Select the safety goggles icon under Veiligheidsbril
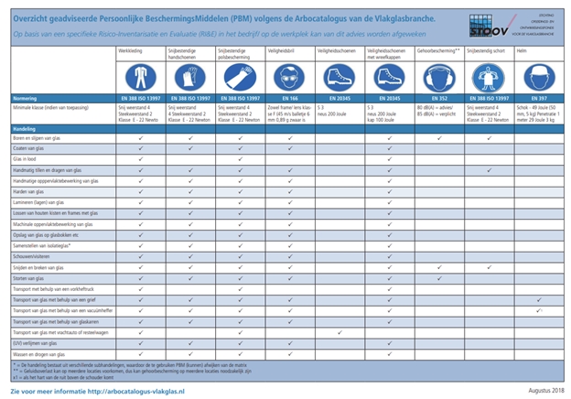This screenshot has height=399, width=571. [289, 77]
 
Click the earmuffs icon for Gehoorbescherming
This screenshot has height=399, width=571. [439, 77]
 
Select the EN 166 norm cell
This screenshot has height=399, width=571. [289, 96]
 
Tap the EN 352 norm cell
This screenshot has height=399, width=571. [439, 96]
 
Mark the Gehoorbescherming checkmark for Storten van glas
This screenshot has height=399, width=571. [439, 277]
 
